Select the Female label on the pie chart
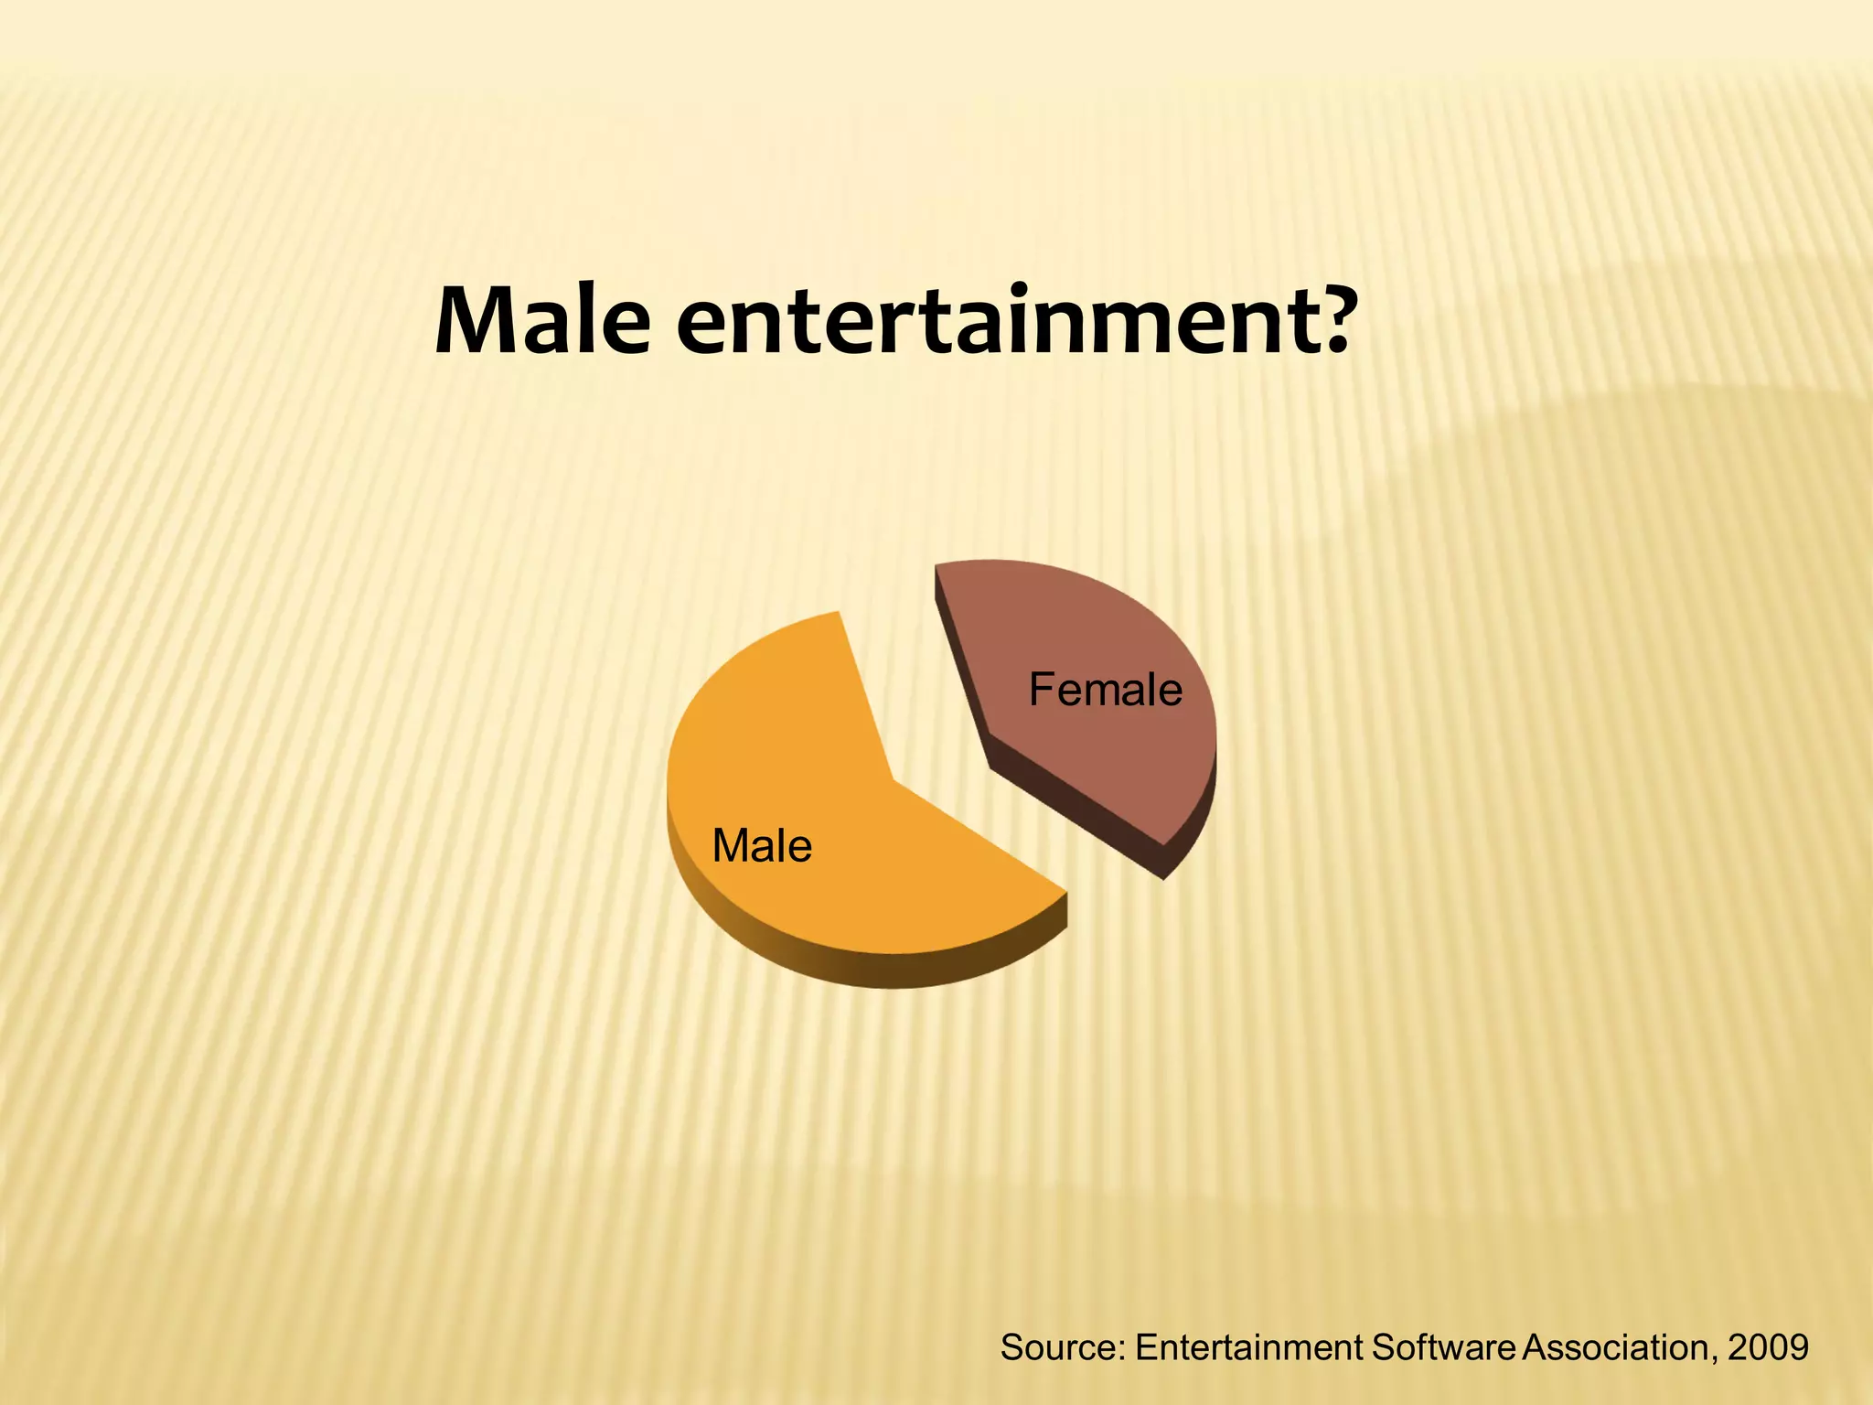1105,690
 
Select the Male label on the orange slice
762,846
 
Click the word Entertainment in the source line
1249,1347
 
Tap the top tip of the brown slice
936,569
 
